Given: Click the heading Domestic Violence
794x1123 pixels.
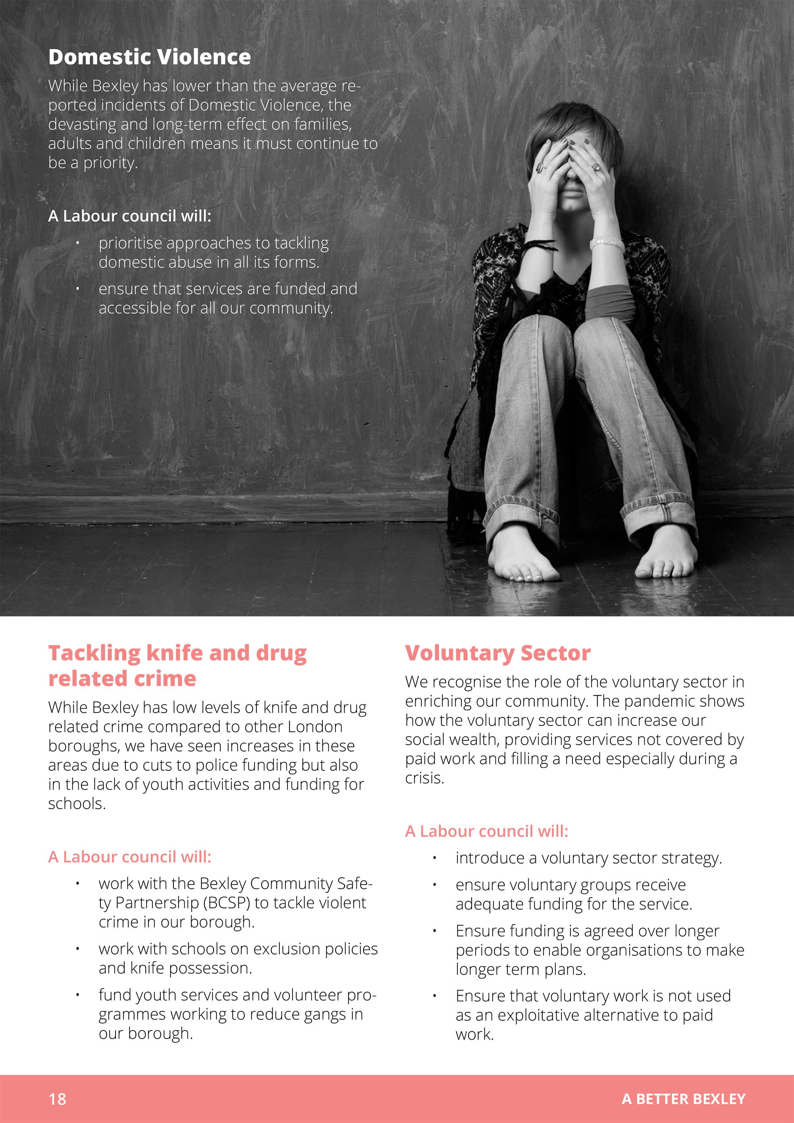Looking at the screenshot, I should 149,57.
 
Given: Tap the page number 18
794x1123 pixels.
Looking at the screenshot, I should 57,1099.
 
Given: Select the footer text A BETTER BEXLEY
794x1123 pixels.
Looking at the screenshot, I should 684,1099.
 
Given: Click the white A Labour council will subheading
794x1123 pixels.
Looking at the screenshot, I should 130,216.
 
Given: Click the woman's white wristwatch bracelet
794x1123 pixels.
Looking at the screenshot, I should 607,242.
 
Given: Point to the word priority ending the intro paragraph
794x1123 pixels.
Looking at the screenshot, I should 110,162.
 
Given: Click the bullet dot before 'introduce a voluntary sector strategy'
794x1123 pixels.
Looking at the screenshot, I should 434,858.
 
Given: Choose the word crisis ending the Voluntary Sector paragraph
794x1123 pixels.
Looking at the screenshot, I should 424,778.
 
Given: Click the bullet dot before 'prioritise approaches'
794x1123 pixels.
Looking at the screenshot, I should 77,243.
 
